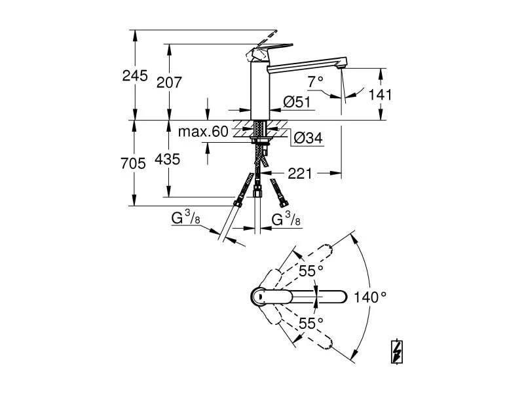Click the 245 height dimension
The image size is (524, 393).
coord(135,75)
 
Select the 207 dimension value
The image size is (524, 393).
coord(169,82)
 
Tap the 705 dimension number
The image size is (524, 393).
coord(134,164)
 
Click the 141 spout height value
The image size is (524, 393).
coord(380,94)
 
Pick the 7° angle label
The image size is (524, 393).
coord(316,81)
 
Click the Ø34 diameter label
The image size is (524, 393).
coord(307,138)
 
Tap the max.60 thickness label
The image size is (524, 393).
coord(203,132)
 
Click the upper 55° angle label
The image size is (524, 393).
coord(311,271)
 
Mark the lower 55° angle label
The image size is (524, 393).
coord(311,323)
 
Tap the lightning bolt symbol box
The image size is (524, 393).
coord(396,351)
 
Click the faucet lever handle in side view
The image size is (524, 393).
coord(262,46)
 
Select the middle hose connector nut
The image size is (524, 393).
coord(257,191)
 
